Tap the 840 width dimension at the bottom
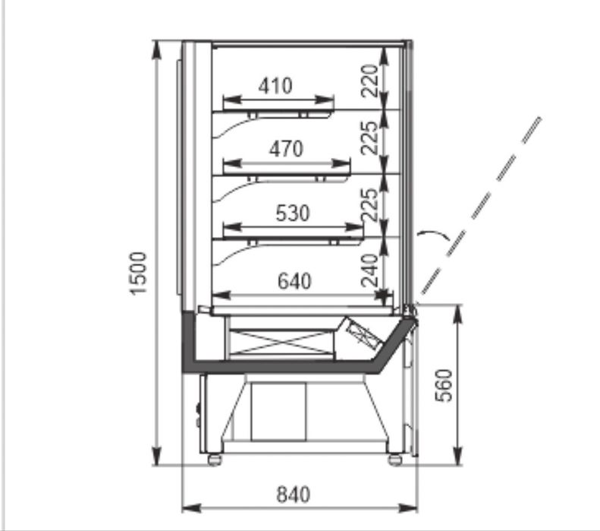pos(293,495)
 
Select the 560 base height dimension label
pos(445,385)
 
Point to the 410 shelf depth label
pos(275,86)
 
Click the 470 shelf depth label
pos(286,149)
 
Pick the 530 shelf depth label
pos(293,213)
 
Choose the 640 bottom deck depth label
pos(294,281)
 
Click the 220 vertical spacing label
pos(369,81)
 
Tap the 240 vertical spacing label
pos(369,270)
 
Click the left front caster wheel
pos(215,460)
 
